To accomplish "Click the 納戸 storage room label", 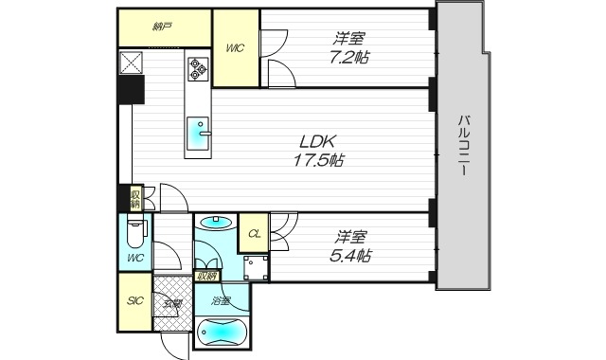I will coord(163,27).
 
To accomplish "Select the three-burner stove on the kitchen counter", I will coord(199,67).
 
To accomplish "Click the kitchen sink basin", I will coord(199,131).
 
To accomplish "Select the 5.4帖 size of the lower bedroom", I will coord(349,256).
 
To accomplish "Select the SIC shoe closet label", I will coord(134,303).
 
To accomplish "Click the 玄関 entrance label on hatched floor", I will coord(171,304).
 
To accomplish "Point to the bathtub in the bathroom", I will coord(223,333).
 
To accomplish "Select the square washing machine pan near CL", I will coord(254,266).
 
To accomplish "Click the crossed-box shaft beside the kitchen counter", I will coord(131,63).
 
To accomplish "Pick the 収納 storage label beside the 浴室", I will coord(205,277).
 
